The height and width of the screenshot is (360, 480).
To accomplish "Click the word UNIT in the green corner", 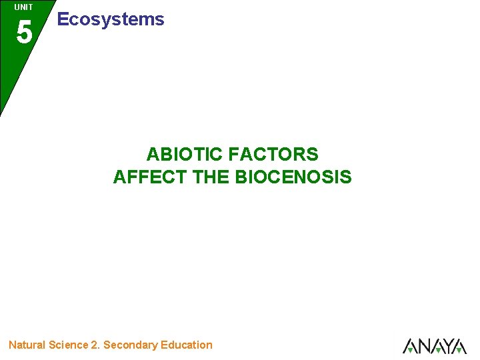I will pyautogui.click(x=23, y=7).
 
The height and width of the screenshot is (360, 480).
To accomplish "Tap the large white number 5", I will pyautogui.click(x=24, y=32).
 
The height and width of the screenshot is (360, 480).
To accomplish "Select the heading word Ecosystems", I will pyautogui.click(x=111, y=19).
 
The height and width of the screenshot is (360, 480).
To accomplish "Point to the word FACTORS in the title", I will pyautogui.click(x=273, y=155).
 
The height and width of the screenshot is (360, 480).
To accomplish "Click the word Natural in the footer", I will pyautogui.click(x=27, y=345).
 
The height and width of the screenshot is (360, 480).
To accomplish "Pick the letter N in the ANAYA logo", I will pyautogui.click(x=425, y=346).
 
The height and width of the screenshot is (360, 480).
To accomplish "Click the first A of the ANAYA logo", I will pyautogui.click(x=410, y=347).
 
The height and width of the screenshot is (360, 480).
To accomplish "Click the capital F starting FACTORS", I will pyautogui.click(x=233, y=155).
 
